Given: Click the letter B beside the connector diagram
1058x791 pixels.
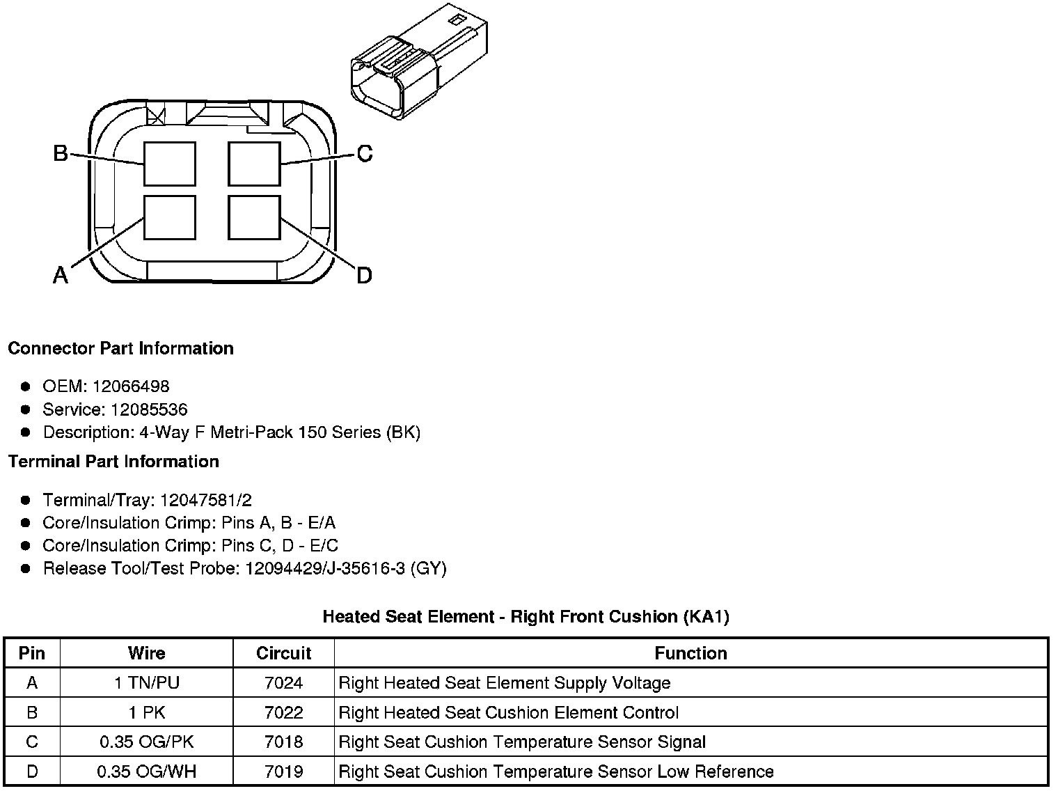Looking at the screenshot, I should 61,153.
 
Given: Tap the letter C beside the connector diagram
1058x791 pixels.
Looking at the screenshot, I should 365,153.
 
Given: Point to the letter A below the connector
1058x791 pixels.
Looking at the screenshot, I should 61,276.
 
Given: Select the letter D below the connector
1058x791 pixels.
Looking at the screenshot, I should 364,276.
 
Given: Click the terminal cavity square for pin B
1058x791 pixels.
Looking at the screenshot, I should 170,164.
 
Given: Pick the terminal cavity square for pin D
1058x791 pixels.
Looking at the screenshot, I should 255,219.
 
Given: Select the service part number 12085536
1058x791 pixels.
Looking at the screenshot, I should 149,409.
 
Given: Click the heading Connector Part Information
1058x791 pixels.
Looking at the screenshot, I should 120,348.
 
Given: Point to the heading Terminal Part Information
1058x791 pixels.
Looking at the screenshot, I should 113,462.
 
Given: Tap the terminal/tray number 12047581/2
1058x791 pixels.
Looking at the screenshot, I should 206,500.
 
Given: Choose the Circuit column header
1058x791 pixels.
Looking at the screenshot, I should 283,653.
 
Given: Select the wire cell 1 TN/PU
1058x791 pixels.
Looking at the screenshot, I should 147,683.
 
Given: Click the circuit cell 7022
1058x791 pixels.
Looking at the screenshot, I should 283,712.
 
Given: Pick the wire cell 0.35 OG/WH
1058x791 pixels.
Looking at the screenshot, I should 147,772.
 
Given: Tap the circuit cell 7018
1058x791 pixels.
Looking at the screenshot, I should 283,742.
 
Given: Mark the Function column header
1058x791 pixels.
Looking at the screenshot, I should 690,653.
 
